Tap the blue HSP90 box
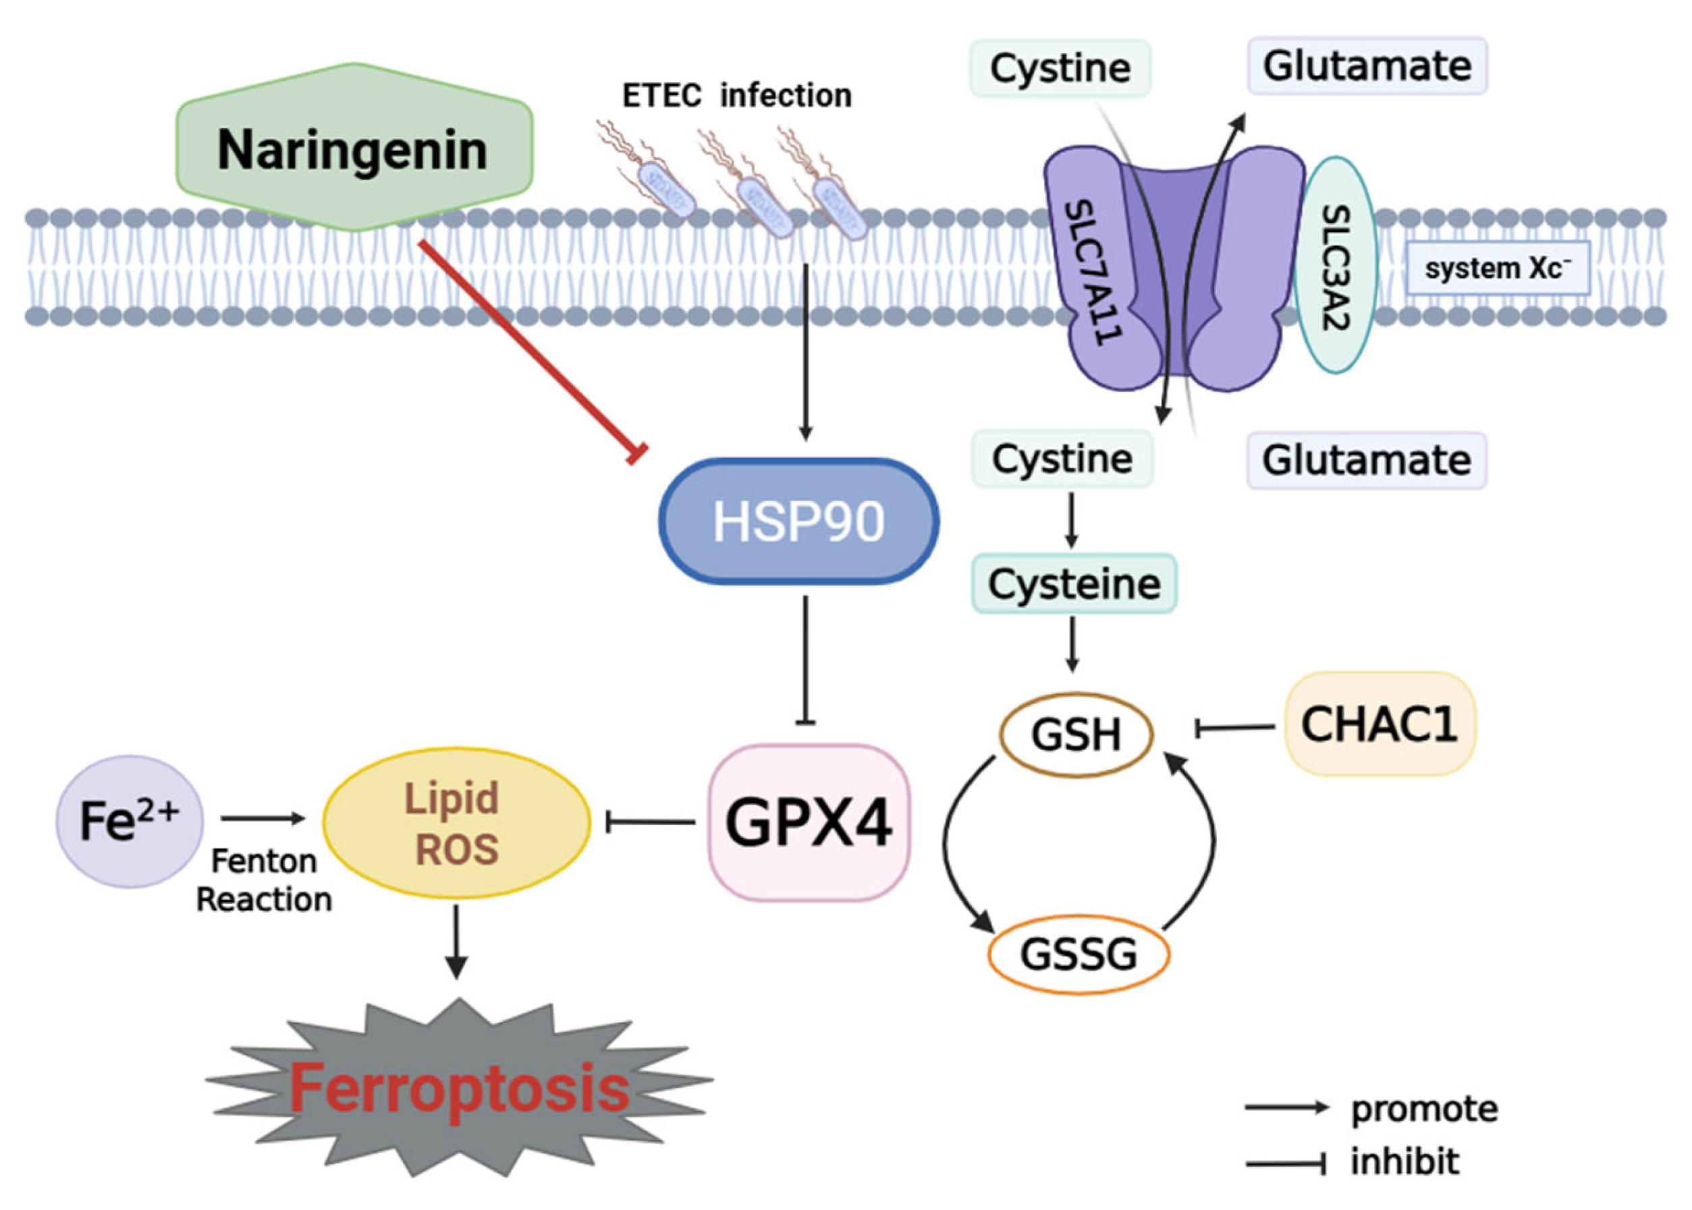[x=798, y=521]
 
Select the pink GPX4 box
[x=808, y=823]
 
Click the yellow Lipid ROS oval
[x=456, y=823]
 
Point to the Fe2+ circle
[x=129, y=821]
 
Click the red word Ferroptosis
[x=458, y=1089]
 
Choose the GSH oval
[x=1076, y=734]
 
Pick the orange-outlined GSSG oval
[x=1078, y=954]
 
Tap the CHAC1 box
[x=1379, y=724]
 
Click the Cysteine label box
[x=1073, y=583]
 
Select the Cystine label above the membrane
[x=1059, y=69]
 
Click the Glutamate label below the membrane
[x=1365, y=461]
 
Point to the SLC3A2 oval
[x=1334, y=264]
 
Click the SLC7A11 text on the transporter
[x=1093, y=272]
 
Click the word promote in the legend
[x=1423, y=1110]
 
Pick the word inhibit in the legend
[x=1404, y=1161]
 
